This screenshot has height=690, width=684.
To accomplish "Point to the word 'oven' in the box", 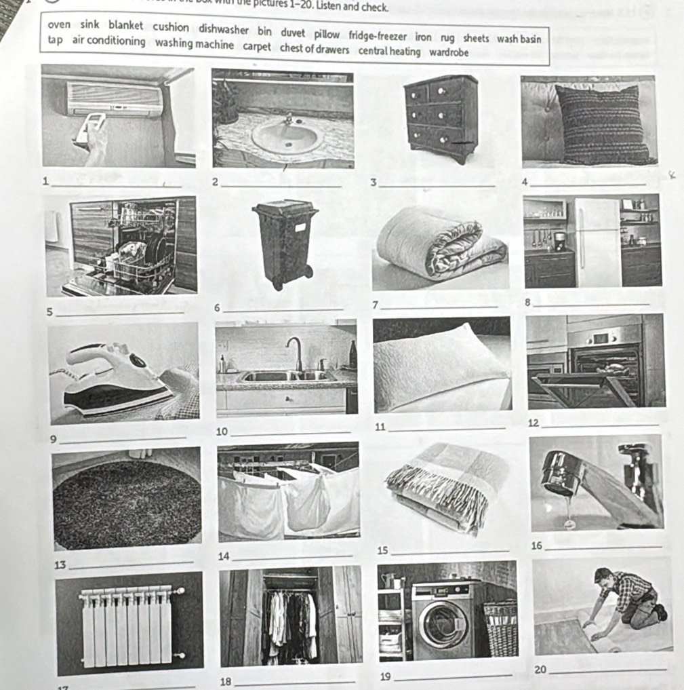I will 59,25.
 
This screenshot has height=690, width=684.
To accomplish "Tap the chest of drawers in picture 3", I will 441,116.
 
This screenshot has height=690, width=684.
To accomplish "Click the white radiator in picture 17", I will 129,626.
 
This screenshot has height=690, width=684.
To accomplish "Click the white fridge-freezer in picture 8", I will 597,242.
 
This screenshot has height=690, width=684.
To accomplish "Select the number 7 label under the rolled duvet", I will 376,305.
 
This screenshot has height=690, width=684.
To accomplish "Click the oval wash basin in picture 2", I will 285,138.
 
